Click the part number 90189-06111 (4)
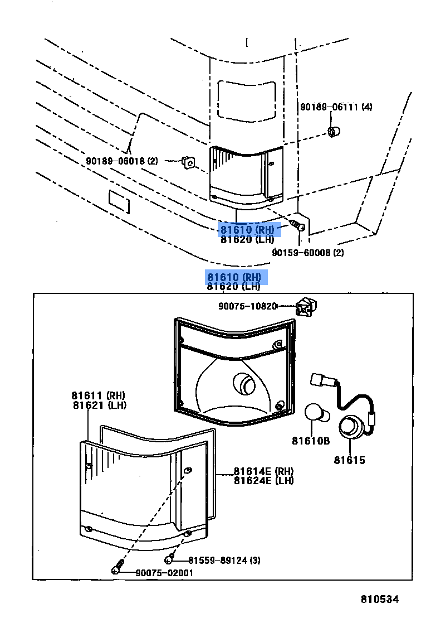pos(336,107)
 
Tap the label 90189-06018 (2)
pos(122,161)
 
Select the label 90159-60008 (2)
pos(307,253)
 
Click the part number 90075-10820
pos(247,306)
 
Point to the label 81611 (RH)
pos(99,395)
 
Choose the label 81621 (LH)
pos(99,405)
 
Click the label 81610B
pos(311,441)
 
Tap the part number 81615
pos(350,460)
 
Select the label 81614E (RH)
pos(263,471)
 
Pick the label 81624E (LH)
pos(263,481)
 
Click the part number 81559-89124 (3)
pos(224,560)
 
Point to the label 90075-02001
pos(164,573)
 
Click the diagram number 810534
pos(380,600)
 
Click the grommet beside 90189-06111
pos(335,132)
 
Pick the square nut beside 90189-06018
pos(188,162)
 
